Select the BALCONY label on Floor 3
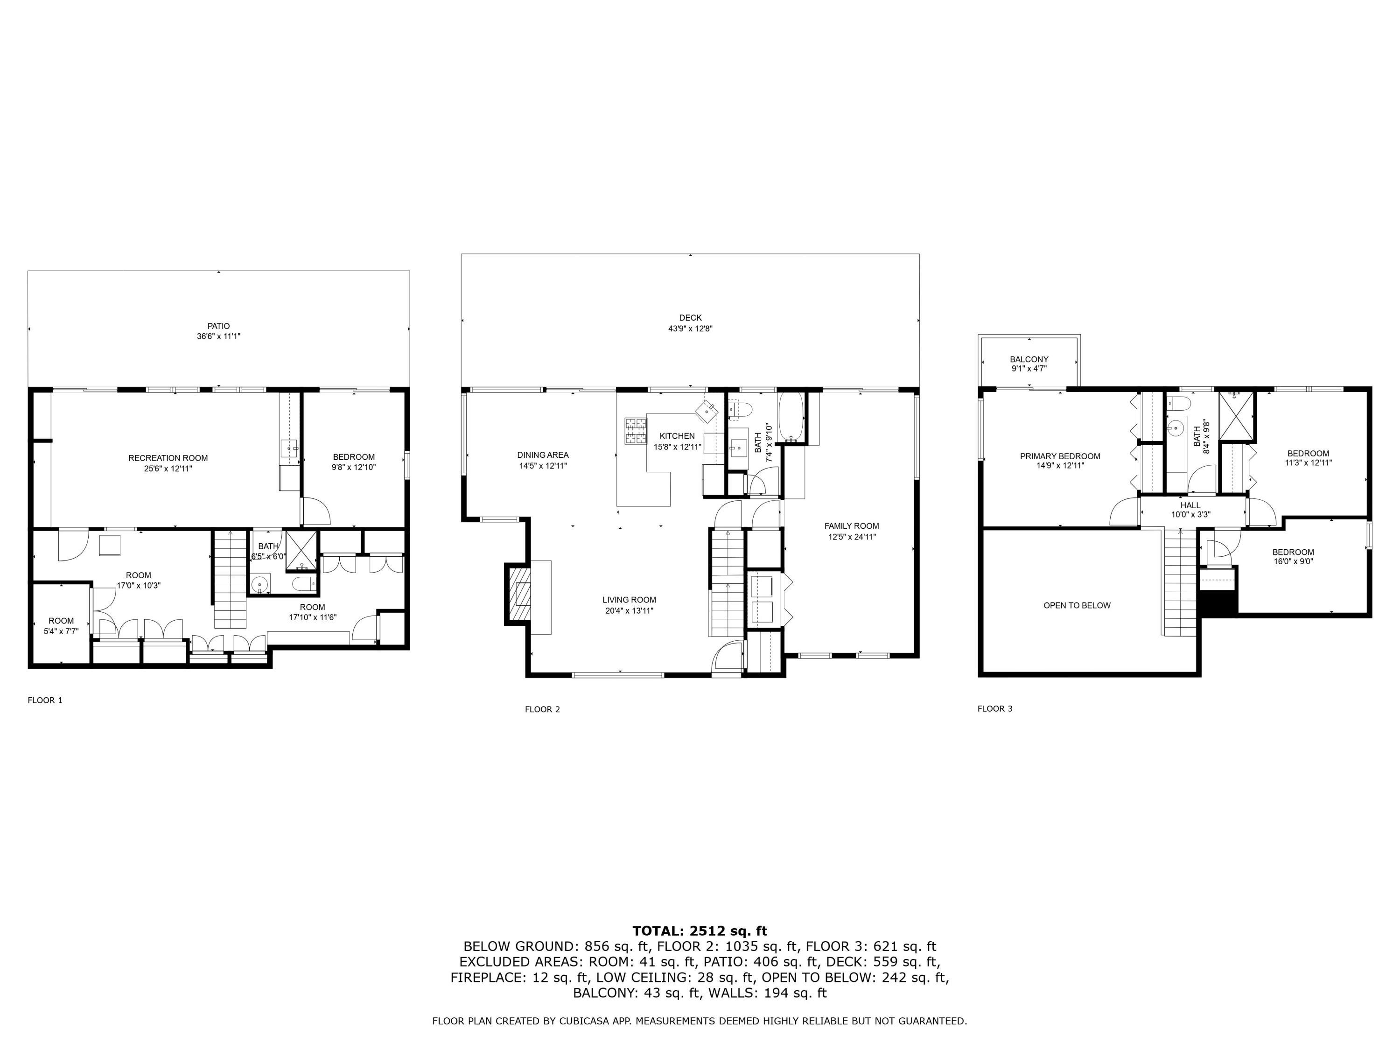pyautogui.click(x=1029, y=359)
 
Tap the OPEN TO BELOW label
pyautogui.click(x=1077, y=606)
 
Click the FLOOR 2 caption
pyautogui.click(x=542, y=709)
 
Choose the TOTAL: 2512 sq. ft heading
pyautogui.click(x=700, y=931)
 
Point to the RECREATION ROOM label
pyautogui.click(x=168, y=458)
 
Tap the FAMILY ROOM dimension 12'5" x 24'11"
pyautogui.click(x=851, y=537)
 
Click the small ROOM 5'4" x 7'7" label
pyautogui.click(x=62, y=621)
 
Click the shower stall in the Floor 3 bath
pyautogui.click(x=1236, y=416)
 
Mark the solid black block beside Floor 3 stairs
pyautogui.click(x=1218, y=602)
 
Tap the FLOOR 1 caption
pyautogui.click(x=45, y=700)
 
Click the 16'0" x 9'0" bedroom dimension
pyautogui.click(x=1293, y=561)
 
